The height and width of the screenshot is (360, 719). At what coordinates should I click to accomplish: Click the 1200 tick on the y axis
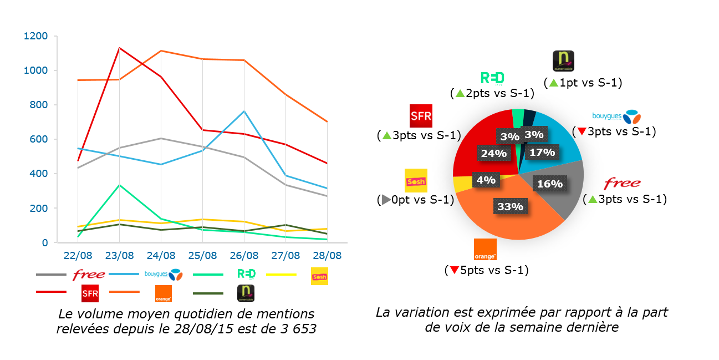coord(36,37)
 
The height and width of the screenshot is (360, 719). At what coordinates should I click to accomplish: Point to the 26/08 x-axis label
coord(244,256)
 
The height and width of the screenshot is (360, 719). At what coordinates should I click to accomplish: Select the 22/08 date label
coord(78,256)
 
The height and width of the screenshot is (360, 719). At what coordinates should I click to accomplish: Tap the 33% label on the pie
coord(511,206)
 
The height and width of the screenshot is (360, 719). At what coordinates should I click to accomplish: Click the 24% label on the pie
coord(493,154)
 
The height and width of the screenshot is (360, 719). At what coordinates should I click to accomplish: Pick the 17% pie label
coord(542,152)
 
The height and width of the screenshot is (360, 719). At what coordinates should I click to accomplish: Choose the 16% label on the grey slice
coord(549,184)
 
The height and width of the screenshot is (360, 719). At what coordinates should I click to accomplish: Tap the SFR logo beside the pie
coord(420,116)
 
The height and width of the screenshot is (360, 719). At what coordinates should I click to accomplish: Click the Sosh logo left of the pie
coord(416,180)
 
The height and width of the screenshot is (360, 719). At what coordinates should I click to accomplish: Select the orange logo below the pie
coord(485,250)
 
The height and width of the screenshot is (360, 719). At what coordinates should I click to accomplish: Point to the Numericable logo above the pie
coord(563,61)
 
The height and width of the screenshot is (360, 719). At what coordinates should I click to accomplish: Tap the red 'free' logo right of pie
coord(622,183)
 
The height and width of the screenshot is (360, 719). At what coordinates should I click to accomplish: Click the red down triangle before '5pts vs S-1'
coord(454,271)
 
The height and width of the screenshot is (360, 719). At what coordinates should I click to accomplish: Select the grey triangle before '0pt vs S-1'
coord(384,200)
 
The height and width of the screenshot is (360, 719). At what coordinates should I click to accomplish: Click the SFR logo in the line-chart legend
coord(90,293)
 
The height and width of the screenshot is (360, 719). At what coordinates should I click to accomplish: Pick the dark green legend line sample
coord(208,293)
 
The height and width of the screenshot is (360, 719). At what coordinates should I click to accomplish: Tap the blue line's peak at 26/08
coord(244,111)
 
